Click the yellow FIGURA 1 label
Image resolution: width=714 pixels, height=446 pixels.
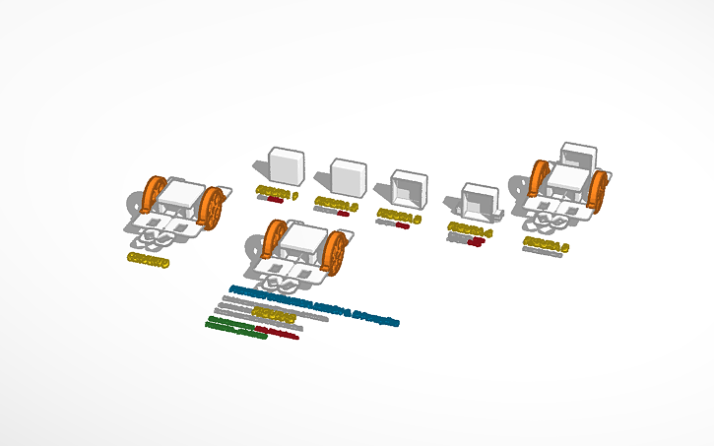[x=276, y=191]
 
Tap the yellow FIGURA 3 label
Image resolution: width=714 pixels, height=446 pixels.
[x=399, y=215]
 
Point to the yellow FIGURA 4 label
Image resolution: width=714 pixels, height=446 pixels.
[x=470, y=228]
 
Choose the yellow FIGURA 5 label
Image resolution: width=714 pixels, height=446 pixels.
[x=547, y=242]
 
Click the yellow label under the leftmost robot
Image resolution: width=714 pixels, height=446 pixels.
[x=148, y=261]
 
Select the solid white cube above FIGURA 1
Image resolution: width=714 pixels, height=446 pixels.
[x=286, y=165]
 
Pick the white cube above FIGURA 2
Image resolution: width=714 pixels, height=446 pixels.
[x=348, y=177]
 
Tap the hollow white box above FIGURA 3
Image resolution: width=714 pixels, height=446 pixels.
[x=409, y=187]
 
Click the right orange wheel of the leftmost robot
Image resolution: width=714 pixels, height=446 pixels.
[x=211, y=208]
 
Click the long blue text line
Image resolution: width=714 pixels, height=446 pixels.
[x=314, y=305]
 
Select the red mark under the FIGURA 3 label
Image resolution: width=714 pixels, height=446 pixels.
[x=402, y=225]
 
